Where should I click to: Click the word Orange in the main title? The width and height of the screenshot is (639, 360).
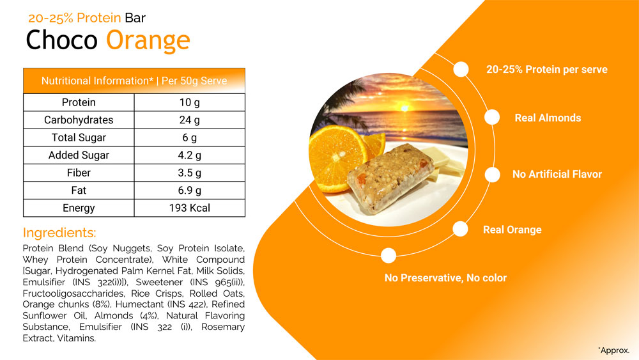coord(148,40)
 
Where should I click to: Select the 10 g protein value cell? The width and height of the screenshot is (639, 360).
coord(190,102)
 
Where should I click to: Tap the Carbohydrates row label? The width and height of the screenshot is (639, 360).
coord(79,120)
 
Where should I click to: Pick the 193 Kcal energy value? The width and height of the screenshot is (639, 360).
coord(190,208)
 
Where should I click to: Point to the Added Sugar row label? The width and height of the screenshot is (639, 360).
coord(79,155)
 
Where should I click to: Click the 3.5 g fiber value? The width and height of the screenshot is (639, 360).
coord(190,173)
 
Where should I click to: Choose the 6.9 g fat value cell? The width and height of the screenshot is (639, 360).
coord(190,191)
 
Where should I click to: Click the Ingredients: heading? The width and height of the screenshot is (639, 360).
coord(59,233)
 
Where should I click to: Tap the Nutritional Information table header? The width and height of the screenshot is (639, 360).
coord(134,81)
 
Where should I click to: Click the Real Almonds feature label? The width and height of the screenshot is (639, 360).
coord(548,118)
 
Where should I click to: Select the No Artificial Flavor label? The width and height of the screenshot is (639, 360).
coord(557,174)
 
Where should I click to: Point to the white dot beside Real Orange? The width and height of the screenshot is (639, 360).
coord(460,229)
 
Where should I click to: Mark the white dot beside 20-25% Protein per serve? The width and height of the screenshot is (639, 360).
coord(461,69)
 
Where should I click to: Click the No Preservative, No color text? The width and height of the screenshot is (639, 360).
coord(445,278)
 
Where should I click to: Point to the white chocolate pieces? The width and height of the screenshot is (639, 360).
coord(443,163)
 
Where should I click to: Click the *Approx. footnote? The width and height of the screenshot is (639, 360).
coord(613,350)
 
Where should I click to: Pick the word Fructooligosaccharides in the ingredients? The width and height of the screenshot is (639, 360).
coord(73,293)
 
